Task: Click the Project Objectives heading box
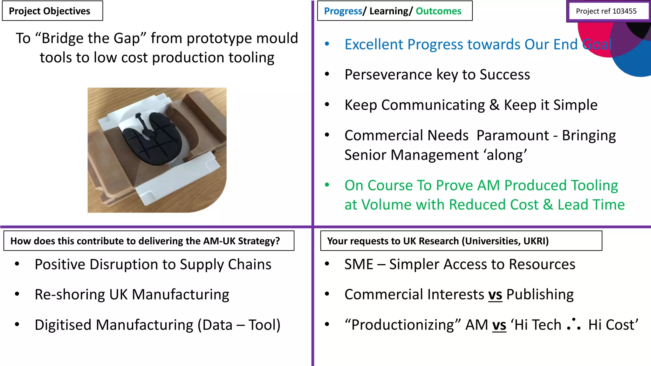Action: [x=52, y=11]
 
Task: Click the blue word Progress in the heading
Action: [x=343, y=11]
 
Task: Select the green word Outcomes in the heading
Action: [x=438, y=11]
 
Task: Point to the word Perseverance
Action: [x=388, y=75]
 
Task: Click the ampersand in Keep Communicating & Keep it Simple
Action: [x=494, y=105]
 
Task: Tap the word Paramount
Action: [x=512, y=135]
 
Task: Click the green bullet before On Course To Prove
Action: [x=327, y=185]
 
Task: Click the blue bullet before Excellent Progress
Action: [x=327, y=44]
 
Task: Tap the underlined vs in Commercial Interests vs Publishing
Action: [x=495, y=295]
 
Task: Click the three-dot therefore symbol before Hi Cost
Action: [x=573, y=324]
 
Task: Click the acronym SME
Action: [x=359, y=264]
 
